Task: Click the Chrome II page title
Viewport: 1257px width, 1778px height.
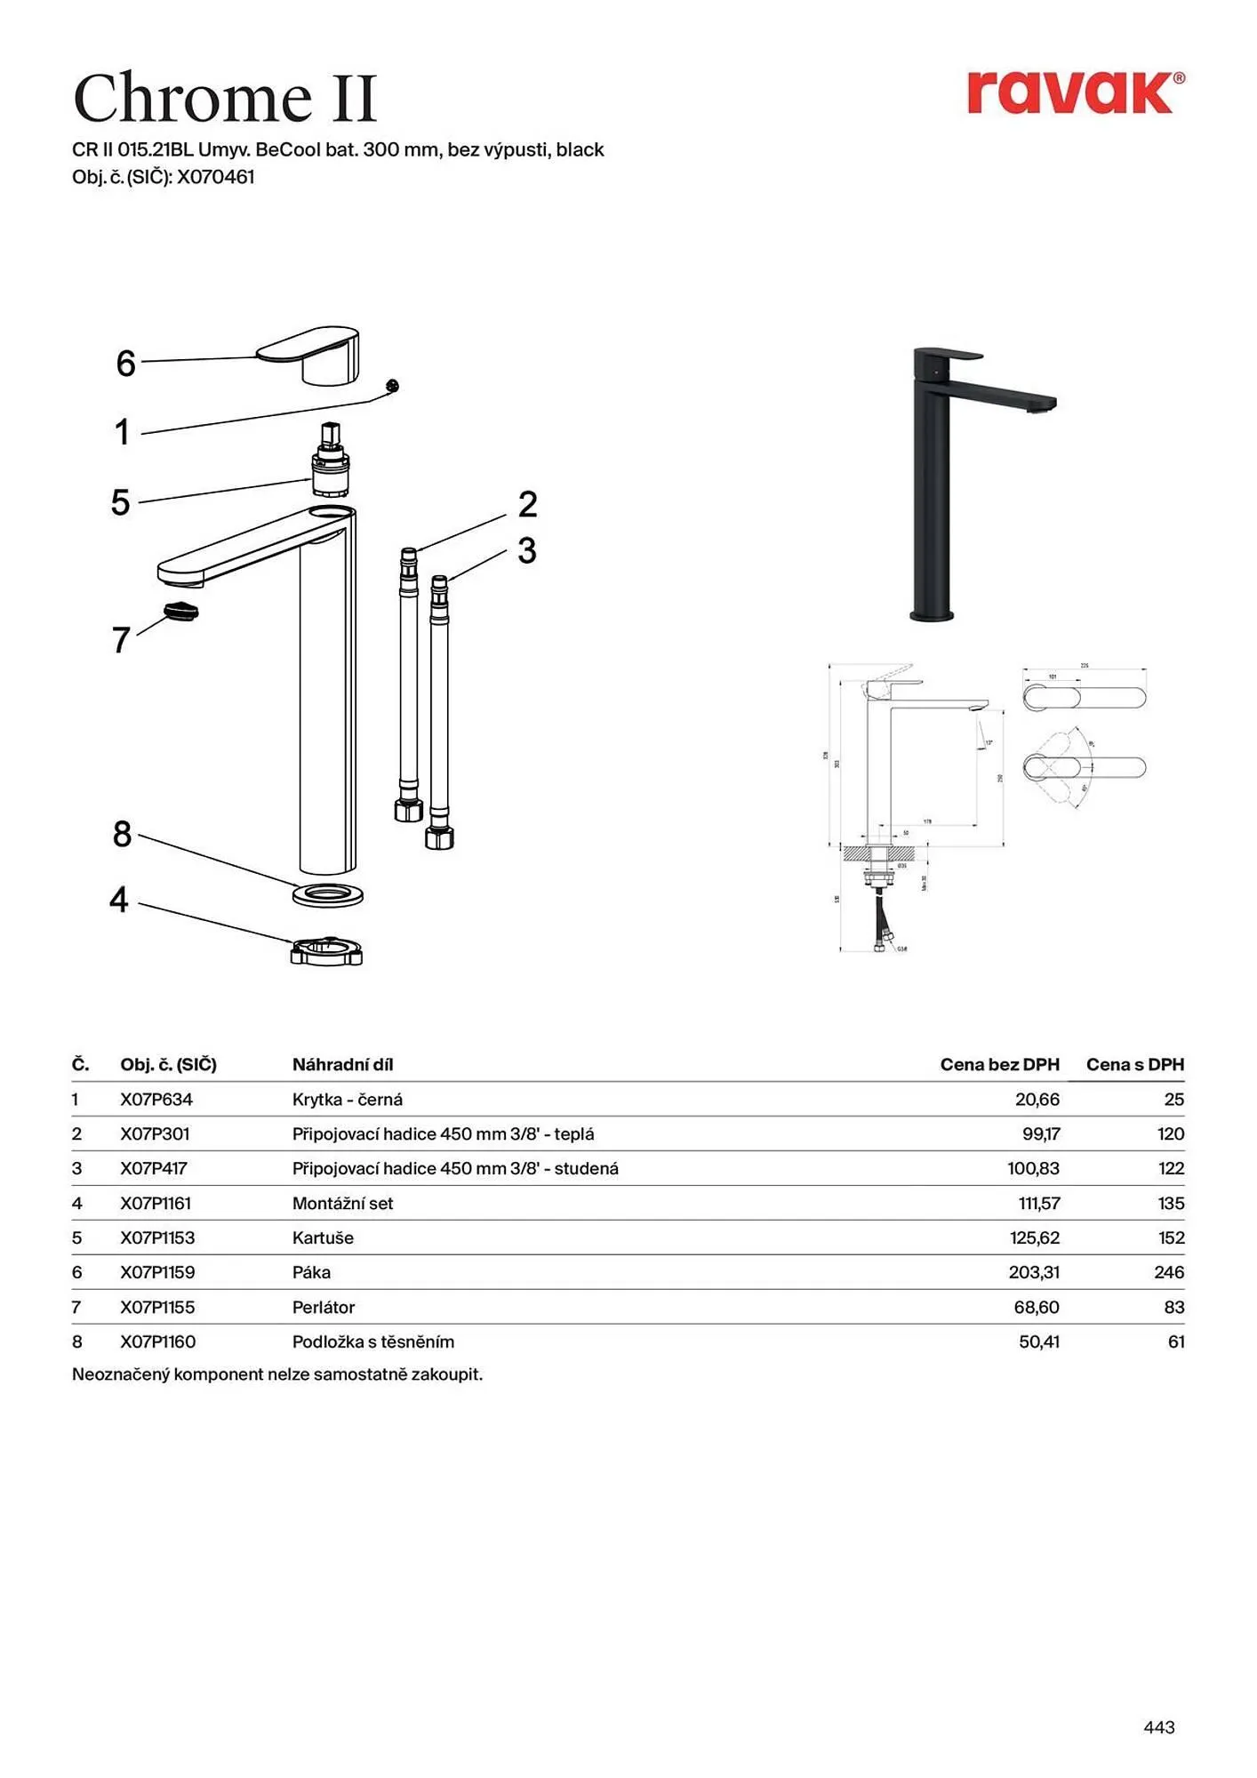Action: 226,98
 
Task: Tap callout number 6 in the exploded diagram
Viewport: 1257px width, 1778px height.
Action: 125,363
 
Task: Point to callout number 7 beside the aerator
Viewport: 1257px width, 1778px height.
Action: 121,640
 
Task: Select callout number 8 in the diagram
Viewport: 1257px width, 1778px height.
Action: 122,834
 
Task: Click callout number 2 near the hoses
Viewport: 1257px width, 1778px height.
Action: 527,504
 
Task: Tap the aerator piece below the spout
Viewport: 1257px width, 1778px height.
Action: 181,611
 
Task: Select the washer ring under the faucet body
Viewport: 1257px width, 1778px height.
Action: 327,894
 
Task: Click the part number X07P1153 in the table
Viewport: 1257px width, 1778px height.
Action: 157,1237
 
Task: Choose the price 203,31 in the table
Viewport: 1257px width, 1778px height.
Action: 1034,1272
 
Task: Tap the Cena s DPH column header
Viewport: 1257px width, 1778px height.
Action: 1134,1064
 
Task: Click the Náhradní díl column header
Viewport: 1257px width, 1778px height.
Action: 342,1064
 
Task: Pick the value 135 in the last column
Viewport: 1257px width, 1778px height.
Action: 1171,1203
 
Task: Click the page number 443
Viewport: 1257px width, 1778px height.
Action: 1158,1727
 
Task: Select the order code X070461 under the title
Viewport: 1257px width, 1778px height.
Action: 216,177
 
